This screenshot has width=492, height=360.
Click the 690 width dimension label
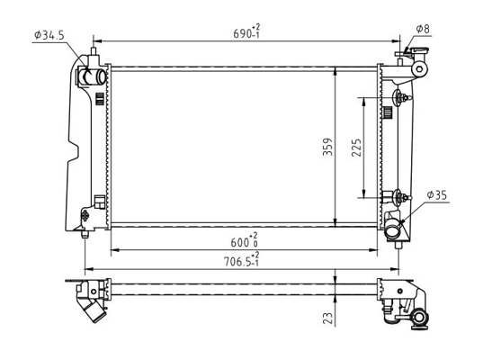(246, 31)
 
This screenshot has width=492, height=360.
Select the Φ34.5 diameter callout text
(49, 35)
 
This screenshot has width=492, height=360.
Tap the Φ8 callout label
(423, 29)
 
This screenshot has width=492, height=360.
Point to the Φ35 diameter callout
(437, 195)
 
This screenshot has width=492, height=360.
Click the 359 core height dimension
(327, 147)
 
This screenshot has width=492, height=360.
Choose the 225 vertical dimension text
(356, 148)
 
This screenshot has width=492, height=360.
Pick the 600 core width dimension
(245, 240)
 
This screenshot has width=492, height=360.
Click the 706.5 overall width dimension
(241, 260)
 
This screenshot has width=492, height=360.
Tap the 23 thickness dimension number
(327, 318)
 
